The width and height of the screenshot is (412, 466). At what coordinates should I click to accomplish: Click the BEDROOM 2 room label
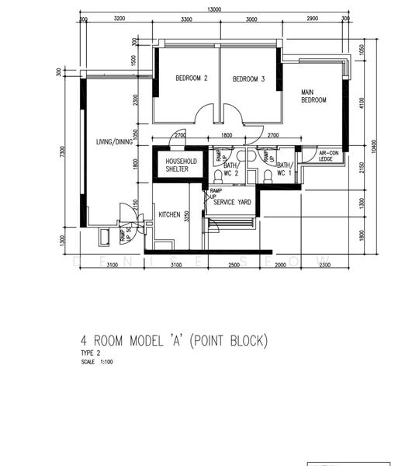[192, 78]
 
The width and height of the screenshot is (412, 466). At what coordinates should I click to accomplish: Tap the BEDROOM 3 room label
[249, 79]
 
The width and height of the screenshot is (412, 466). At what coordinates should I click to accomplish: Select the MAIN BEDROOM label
[313, 96]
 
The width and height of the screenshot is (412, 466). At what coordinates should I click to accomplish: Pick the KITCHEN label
[169, 214]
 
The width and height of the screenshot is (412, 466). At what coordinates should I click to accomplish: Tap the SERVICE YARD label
[232, 202]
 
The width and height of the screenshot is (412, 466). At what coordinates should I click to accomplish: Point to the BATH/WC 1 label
[284, 169]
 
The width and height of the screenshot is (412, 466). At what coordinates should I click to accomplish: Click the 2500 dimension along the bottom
[234, 266]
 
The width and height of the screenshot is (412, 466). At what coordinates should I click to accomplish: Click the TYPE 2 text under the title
[91, 353]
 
